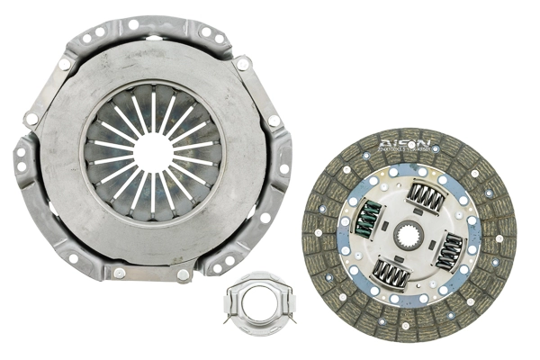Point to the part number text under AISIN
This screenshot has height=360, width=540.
401,150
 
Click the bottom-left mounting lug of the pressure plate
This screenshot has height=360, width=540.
72,259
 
